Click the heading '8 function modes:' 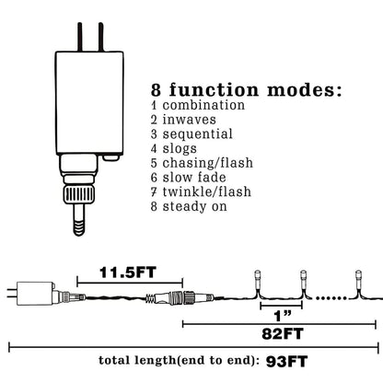(246, 90)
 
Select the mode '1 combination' (198, 105)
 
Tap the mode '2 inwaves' (183, 120)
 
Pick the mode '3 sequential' (191, 134)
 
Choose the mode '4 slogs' (174, 149)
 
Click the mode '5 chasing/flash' (202, 163)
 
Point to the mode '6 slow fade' (189, 178)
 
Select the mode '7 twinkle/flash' (201, 192)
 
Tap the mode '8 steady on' (189, 206)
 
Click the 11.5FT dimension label (128, 273)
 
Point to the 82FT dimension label (283, 334)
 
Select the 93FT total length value (286, 362)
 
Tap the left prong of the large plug (80, 37)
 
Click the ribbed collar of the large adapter (79, 194)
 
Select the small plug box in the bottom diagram (34, 294)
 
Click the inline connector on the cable (180, 297)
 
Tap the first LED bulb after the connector (258, 280)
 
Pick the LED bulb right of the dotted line (358, 280)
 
